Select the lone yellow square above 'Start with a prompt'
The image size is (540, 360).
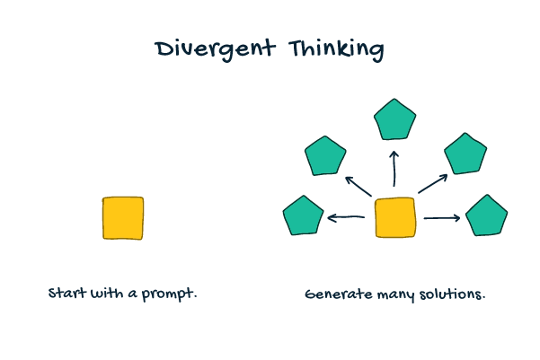pos(123,218)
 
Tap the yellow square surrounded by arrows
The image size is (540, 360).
pos(395,217)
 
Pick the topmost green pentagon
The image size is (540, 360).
pos(394,120)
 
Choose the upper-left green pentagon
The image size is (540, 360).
pos(325,156)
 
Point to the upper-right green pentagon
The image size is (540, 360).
pos(465,154)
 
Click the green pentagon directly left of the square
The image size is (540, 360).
pos(303,216)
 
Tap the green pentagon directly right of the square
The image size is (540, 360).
pos(486,215)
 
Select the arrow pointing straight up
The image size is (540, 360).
pos(394,169)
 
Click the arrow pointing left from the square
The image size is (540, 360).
pos(346,217)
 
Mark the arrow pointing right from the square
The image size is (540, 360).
pos(442,218)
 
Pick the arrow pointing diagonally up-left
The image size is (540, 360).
pos(359,187)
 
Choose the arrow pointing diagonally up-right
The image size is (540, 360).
pos(433,184)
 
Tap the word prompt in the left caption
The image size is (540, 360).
pos(169,294)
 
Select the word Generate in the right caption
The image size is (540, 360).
pos(339,294)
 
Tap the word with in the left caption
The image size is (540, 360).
pos(107,293)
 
